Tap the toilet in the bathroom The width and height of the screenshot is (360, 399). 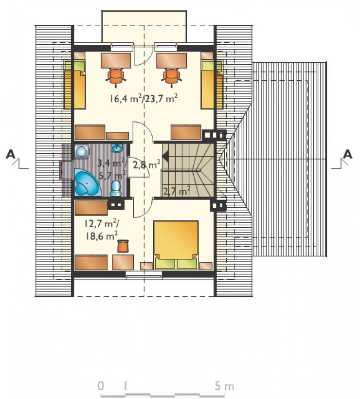[116, 189]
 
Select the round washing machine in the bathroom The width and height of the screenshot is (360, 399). [81, 152]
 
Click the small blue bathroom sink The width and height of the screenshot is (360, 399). [117, 148]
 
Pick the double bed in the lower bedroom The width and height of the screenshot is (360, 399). [176, 245]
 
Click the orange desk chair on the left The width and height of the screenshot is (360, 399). [116, 76]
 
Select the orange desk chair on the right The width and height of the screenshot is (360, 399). [171, 76]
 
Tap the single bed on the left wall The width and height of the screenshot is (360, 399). [74, 85]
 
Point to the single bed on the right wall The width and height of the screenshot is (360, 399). [212, 85]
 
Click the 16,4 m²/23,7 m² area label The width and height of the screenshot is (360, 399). [144, 98]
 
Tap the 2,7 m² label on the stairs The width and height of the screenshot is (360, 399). [177, 191]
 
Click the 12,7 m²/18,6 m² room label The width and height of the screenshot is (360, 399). [101, 230]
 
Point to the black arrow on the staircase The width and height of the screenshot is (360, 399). [165, 156]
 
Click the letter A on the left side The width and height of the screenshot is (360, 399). [11, 154]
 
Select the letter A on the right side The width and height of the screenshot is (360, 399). [347, 154]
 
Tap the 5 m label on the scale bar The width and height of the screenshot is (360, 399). [224, 386]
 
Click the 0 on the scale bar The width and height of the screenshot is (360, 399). [101, 386]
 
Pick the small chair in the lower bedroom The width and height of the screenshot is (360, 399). [123, 246]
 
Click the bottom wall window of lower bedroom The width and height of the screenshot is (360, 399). [144, 274]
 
